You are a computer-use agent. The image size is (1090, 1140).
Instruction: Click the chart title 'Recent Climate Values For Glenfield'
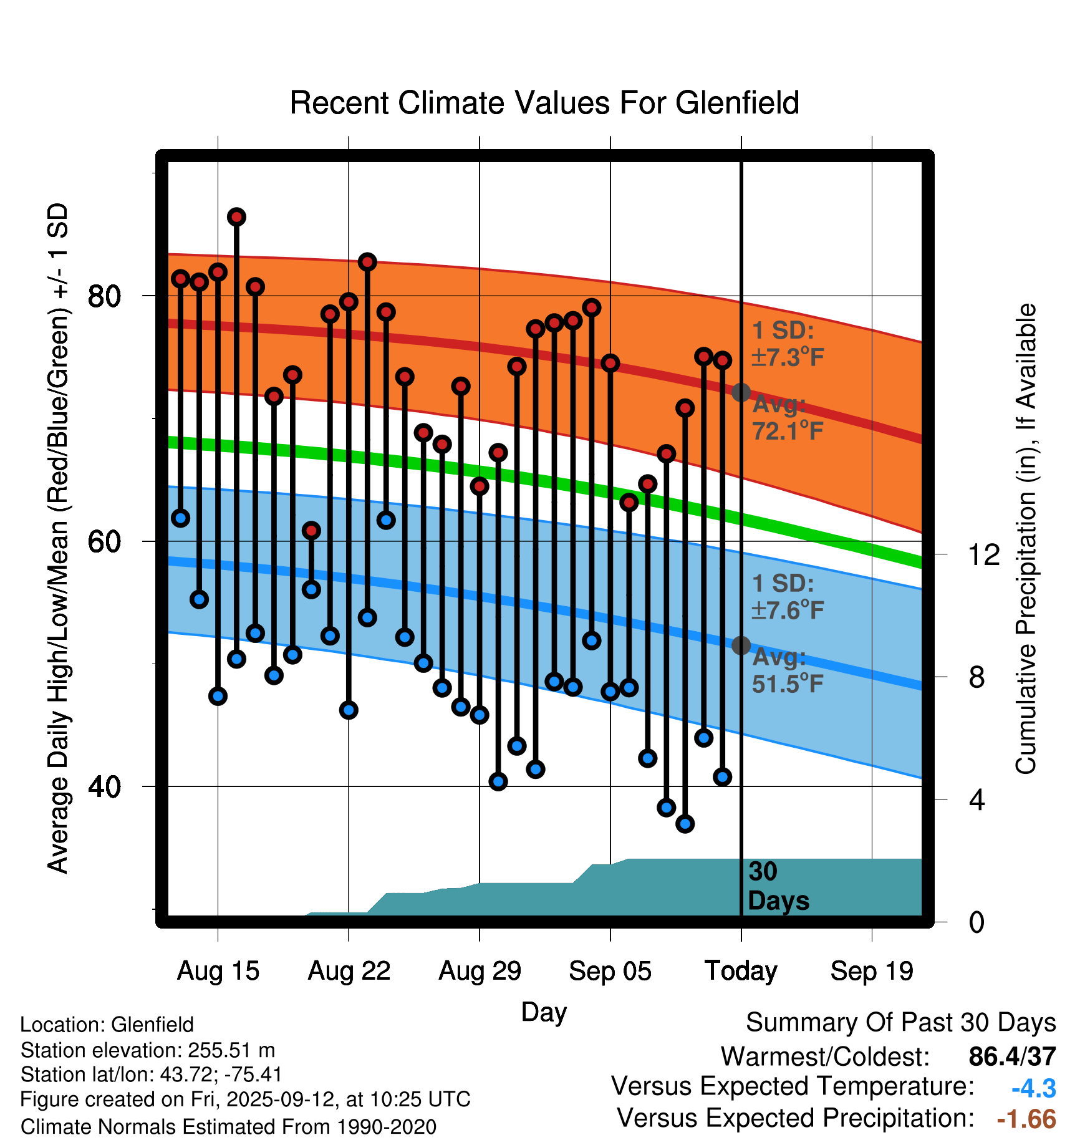coord(544,103)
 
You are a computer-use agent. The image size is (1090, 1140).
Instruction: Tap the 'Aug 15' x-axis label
coord(218,971)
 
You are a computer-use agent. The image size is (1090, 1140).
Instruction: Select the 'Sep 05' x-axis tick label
coord(610,971)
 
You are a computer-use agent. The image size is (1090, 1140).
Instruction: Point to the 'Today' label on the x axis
coord(741,971)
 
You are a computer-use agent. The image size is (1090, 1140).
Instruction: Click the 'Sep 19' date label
coord(872,971)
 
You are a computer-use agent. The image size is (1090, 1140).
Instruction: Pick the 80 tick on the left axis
coord(104,296)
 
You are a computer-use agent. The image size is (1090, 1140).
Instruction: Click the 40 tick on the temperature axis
coord(104,786)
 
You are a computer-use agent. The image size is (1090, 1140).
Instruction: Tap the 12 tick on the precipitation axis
coord(984,554)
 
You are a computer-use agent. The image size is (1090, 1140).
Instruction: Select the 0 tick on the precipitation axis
coord(977,922)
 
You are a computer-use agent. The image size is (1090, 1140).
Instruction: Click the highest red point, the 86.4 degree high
coord(236,217)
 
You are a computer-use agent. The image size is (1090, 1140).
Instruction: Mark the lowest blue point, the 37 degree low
coord(685,824)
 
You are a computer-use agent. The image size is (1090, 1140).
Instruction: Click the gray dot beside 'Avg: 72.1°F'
coord(741,392)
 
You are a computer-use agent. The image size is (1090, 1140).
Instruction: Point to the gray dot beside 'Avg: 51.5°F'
coord(741,645)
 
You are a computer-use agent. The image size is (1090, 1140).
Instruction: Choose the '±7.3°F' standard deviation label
coord(788,357)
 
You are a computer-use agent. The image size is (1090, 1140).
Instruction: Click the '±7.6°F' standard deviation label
coord(788,610)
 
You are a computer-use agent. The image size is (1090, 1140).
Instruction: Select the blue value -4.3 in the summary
coord(1033,1089)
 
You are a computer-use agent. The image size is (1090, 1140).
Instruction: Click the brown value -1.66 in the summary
coord(1026,1119)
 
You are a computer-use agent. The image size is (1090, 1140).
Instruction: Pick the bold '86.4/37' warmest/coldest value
coord(1012,1056)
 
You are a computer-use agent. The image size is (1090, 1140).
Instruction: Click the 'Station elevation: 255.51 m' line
coord(148,1050)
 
